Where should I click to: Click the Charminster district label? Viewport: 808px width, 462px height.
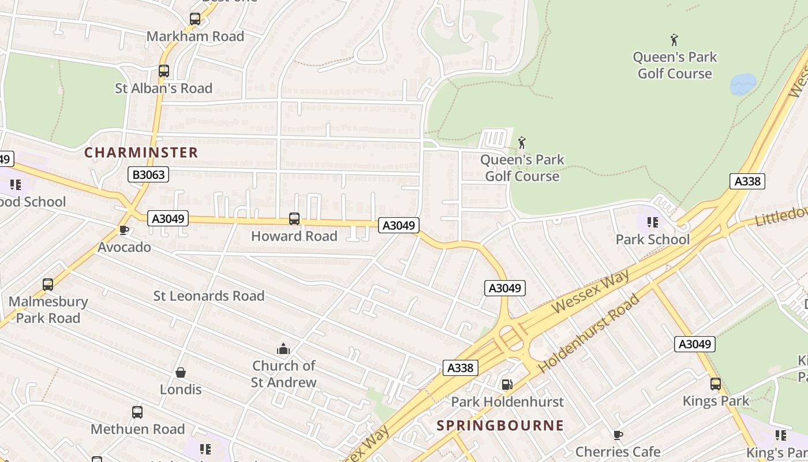pyautogui.click(x=141, y=152)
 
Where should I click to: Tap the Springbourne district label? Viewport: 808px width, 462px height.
pyautogui.click(x=500, y=426)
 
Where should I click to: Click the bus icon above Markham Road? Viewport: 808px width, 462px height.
pyautogui.click(x=195, y=19)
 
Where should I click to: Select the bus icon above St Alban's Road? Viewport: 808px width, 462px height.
pyautogui.click(x=164, y=71)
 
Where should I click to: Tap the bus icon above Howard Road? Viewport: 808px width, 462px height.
pyautogui.click(x=294, y=219)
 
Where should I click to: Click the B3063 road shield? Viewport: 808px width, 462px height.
pyautogui.click(x=148, y=174)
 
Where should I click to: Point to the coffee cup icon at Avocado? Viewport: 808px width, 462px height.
pyautogui.click(x=124, y=230)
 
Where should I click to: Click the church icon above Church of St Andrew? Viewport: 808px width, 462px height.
pyautogui.click(x=283, y=349)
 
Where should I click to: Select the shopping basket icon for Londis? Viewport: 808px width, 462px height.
pyautogui.click(x=181, y=372)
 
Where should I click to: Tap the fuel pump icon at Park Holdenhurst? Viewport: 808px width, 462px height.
pyautogui.click(x=507, y=385)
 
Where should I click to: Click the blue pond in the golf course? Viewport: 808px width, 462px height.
pyautogui.click(x=743, y=84)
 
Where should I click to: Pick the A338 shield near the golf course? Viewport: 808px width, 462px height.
pyautogui.click(x=747, y=181)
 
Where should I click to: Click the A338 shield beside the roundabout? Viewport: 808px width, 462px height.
pyautogui.click(x=461, y=368)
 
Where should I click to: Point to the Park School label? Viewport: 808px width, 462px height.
pyautogui.click(x=652, y=239)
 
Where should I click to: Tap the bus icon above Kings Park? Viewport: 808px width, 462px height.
pyautogui.click(x=716, y=384)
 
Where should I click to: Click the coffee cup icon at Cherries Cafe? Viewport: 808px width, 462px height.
pyautogui.click(x=618, y=435)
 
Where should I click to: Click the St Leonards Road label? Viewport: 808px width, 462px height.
pyautogui.click(x=208, y=296)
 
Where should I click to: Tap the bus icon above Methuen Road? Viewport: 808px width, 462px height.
pyautogui.click(x=137, y=412)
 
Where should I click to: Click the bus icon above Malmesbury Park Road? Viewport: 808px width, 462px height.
pyautogui.click(x=48, y=285)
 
